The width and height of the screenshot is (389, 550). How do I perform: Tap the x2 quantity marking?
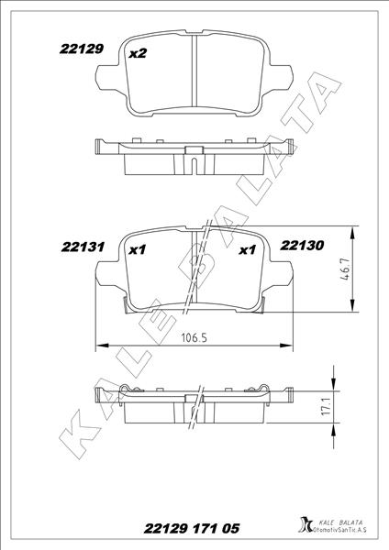pos(138,53)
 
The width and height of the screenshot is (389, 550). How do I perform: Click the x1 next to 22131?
pos(138,248)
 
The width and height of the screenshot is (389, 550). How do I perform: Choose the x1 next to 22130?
pos(246,248)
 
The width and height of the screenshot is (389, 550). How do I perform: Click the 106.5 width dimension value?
pos(192,336)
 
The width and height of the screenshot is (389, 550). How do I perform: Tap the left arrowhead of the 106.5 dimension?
pos(101,346)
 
